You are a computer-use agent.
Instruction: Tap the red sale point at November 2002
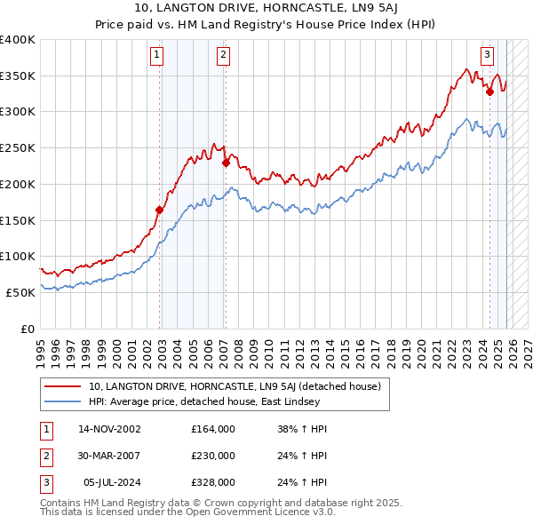160,210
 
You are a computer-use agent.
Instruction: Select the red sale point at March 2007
226,163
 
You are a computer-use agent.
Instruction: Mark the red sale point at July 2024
489,91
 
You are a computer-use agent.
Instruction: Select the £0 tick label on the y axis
28,329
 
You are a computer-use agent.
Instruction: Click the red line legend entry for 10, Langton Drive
235,386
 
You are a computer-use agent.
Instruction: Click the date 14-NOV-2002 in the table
109,429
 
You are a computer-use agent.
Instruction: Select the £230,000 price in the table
212,456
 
